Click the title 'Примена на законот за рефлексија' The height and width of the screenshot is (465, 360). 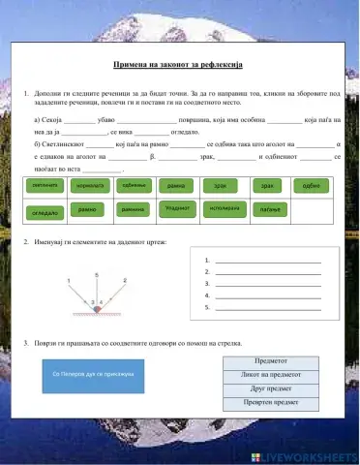click(x=180, y=65)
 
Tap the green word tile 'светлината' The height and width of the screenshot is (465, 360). click(x=45, y=185)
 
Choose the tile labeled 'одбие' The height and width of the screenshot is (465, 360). click(x=311, y=185)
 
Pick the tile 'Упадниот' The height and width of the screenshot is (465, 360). click(x=178, y=208)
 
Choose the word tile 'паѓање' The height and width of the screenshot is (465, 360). click(x=268, y=209)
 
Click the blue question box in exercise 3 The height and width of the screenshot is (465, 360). click(x=93, y=372)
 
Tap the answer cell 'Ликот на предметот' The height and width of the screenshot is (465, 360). click(x=275, y=373)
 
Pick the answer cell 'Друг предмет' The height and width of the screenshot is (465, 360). click(x=275, y=387)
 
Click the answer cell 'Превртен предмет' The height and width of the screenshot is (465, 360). click(x=275, y=403)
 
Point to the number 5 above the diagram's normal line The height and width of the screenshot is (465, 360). click(x=96, y=275)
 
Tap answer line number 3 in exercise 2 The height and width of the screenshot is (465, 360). click(x=267, y=284)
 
